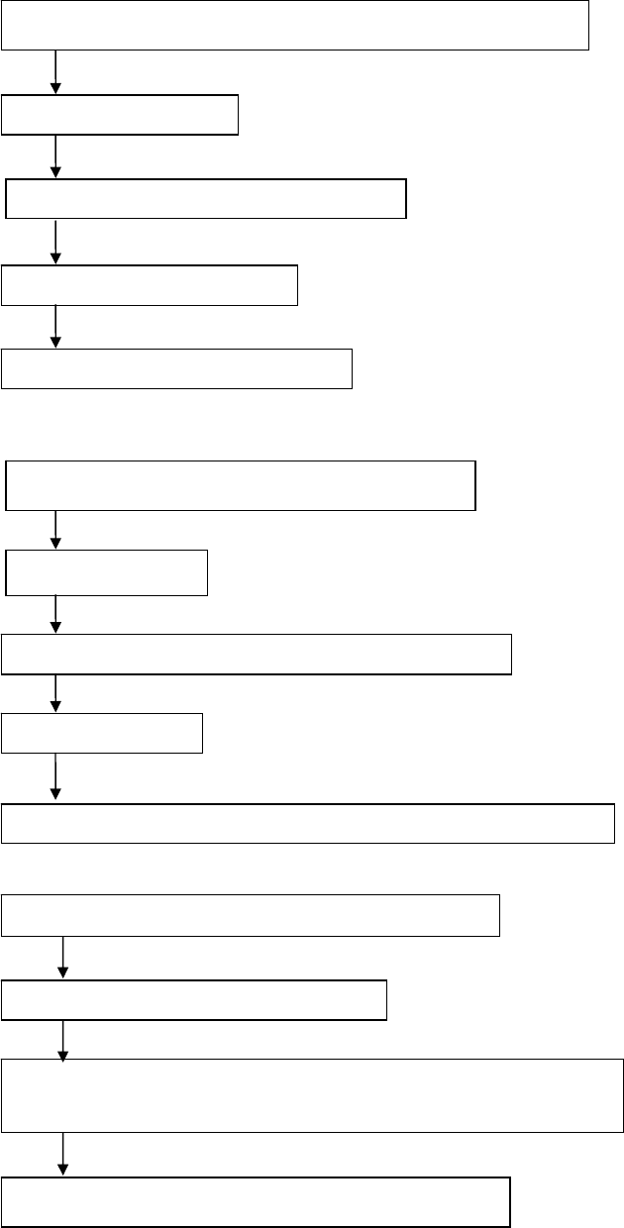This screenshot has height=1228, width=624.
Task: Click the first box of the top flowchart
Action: pyautogui.click(x=295, y=25)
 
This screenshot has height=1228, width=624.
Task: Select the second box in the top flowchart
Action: pyautogui.click(x=120, y=115)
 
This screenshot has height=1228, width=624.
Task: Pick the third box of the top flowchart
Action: pyautogui.click(x=206, y=198)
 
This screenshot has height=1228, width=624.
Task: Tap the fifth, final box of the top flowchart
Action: pyautogui.click(x=176, y=368)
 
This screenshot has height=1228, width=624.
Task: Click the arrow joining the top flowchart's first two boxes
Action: pyautogui.click(x=55, y=72)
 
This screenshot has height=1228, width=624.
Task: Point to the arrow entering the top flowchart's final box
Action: pyautogui.click(x=55, y=327)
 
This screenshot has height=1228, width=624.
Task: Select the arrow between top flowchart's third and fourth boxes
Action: pyautogui.click(x=55, y=242)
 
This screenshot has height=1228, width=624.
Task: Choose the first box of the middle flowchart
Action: pyautogui.click(x=241, y=485)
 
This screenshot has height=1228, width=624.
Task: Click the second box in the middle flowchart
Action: pyautogui.click(x=107, y=573)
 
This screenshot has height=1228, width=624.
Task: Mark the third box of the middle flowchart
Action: pyautogui.click(x=257, y=655)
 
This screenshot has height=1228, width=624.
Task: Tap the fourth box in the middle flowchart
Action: pyautogui.click(x=102, y=734)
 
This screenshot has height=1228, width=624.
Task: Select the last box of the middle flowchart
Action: pyautogui.click(x=308, y=824)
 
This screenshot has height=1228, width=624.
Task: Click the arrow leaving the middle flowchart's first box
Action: pyautogui.click(x=55, y=530)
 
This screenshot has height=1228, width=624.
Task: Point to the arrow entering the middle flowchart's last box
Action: pyautogui.click(x=55, y=778)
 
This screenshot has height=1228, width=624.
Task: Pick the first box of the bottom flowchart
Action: pyautogui.click(x=251, y=915)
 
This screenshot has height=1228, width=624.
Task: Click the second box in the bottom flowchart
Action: pyautogui.click(x=194, y=1000)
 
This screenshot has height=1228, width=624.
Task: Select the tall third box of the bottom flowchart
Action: pyautogui.click(x=312, y=1095)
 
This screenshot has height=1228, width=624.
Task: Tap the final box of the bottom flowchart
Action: pyautogui.click(x=256, y=1202)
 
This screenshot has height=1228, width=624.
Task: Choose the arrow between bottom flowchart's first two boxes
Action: pyautogui.click(x=63, y=958)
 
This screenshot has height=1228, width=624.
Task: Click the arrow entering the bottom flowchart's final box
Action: pyautogui.click(x=63, y=1155)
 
